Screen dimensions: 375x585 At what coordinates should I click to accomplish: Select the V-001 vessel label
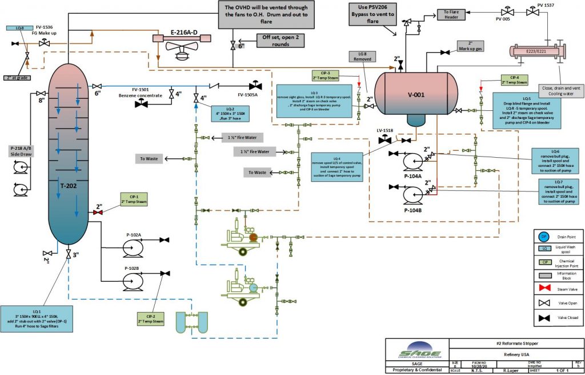[x=415, y=95]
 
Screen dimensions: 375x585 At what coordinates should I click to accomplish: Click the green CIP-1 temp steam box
[x=134, y=200]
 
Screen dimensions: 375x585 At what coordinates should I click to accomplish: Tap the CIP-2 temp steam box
[x=151, y=318]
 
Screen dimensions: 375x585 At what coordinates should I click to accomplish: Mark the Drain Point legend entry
[x=560, y=237]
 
